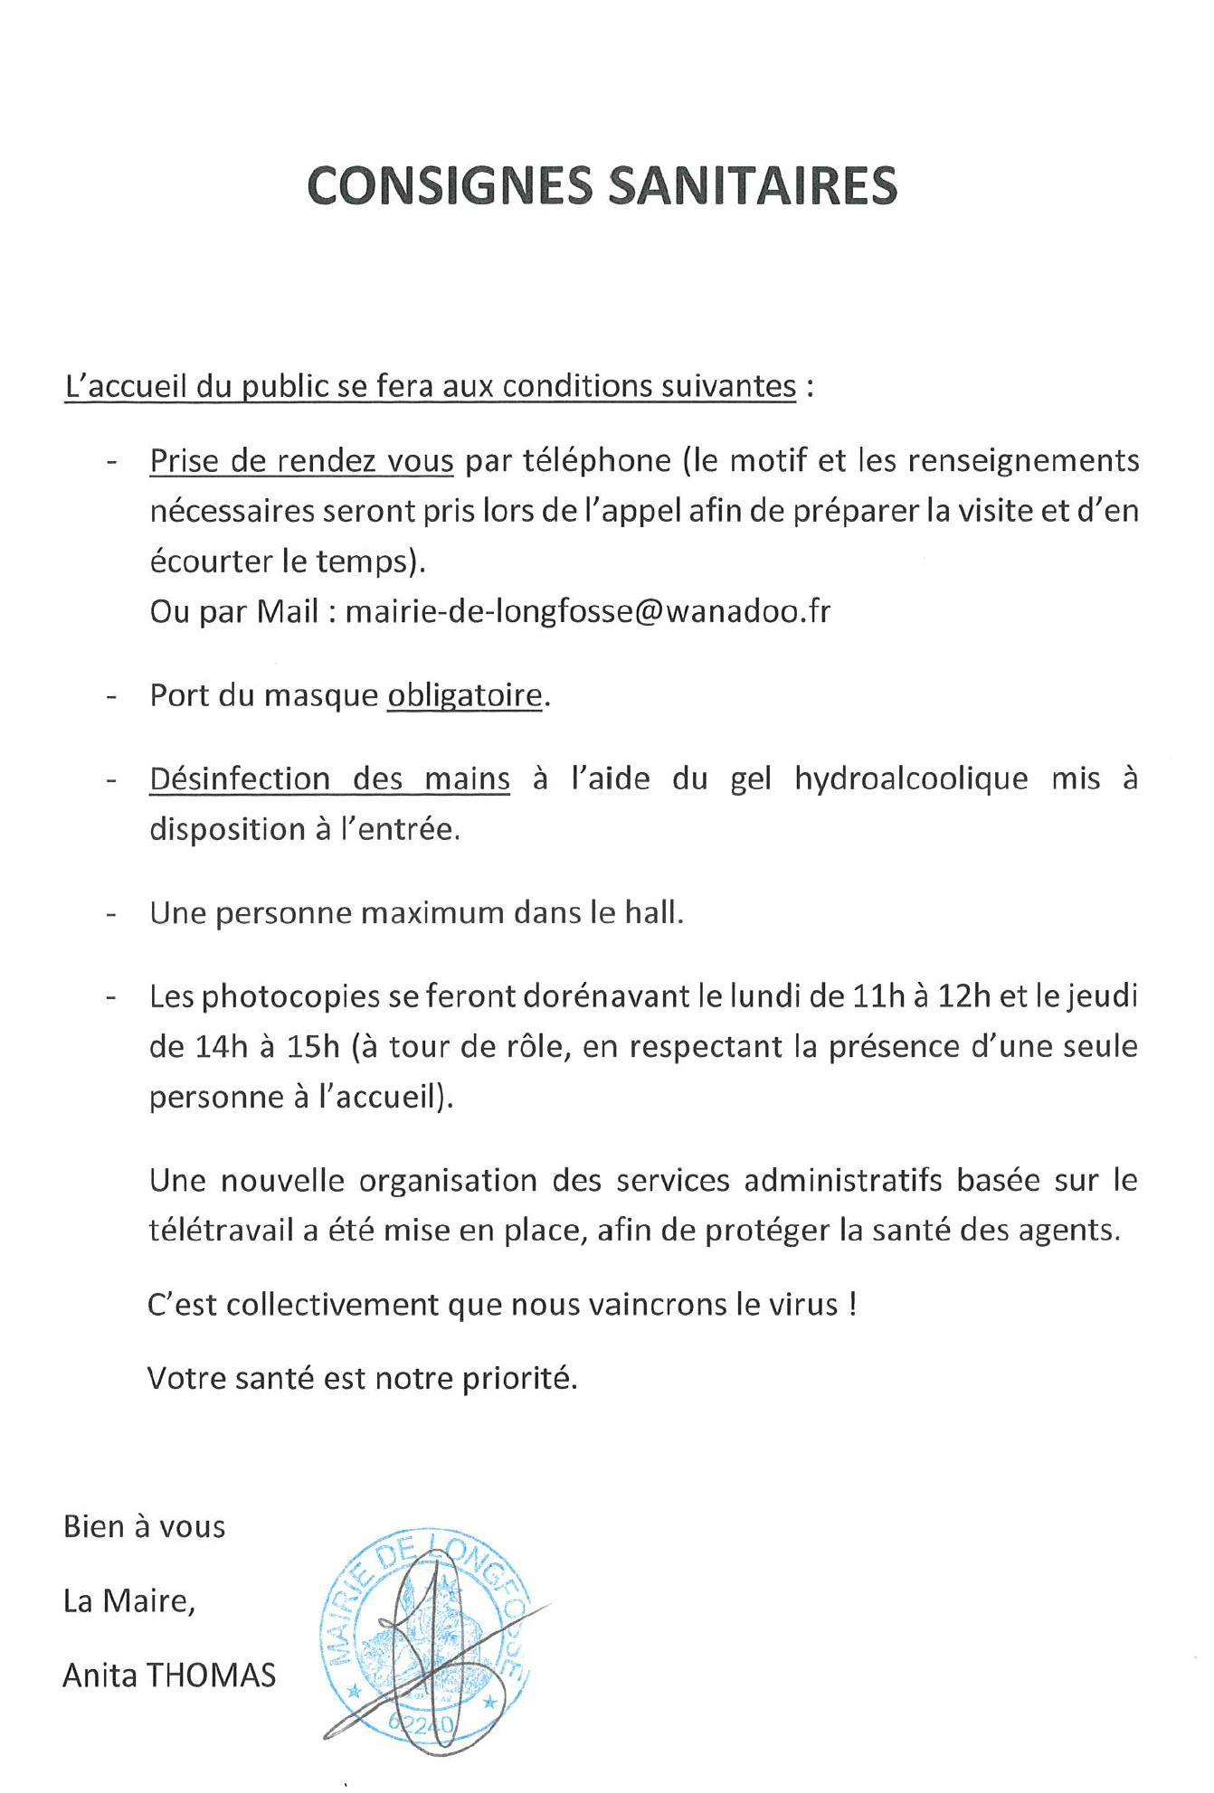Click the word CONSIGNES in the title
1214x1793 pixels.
coord(450,186)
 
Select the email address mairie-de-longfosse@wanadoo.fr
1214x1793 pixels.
coord(588,612)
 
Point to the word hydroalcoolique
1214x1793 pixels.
coord(911,779)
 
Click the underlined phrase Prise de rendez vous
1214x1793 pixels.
coord(301,461)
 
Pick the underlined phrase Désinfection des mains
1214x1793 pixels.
coord(329,779)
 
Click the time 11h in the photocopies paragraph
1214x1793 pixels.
coord(878,996)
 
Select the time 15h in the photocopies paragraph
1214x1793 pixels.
coord(312,1046)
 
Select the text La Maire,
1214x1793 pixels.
coord(128,1601)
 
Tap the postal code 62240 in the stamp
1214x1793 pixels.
coord(422,1723)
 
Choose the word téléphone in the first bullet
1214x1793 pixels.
coord(597,461)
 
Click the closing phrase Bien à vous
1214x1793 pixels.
coord(144,1527)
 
